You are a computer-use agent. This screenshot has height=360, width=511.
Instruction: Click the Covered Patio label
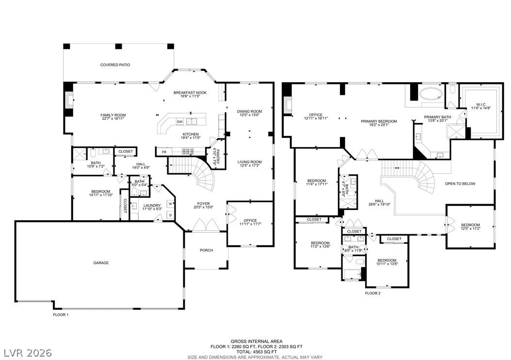click(115, 65)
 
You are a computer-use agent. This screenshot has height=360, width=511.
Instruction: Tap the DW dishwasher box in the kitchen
click(180, 121)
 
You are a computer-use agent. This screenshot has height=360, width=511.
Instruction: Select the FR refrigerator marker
click(164, 152)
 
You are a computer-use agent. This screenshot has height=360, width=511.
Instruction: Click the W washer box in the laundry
click(170, 204)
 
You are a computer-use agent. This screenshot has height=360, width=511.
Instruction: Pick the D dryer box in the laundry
click(170, 215)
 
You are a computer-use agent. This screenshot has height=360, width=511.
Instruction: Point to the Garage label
click(101, 263)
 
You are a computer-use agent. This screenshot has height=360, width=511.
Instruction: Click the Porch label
click(206, 251)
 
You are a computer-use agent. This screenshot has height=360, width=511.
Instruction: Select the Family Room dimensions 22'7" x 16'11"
click(113, 119)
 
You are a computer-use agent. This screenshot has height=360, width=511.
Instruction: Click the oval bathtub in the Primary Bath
click(431, 94)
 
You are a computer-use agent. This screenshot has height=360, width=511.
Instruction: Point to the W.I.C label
click(480, 105)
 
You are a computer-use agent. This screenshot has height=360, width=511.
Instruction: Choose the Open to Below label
click(460, 184)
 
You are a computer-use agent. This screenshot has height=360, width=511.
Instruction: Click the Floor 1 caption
click(61, 315)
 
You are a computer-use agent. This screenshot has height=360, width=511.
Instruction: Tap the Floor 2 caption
click(372, 293)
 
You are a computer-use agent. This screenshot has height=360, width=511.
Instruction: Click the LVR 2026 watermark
click(28, 353)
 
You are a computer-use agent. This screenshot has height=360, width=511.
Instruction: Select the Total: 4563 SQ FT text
click(257, 352)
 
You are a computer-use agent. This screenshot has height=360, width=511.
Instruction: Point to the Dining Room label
click(249, 112)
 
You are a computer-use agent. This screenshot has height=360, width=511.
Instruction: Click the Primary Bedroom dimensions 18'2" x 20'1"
click(379, 125)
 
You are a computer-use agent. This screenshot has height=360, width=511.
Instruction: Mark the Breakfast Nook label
click(190, 93)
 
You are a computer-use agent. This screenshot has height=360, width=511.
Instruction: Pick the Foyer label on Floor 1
click(203, 204)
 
